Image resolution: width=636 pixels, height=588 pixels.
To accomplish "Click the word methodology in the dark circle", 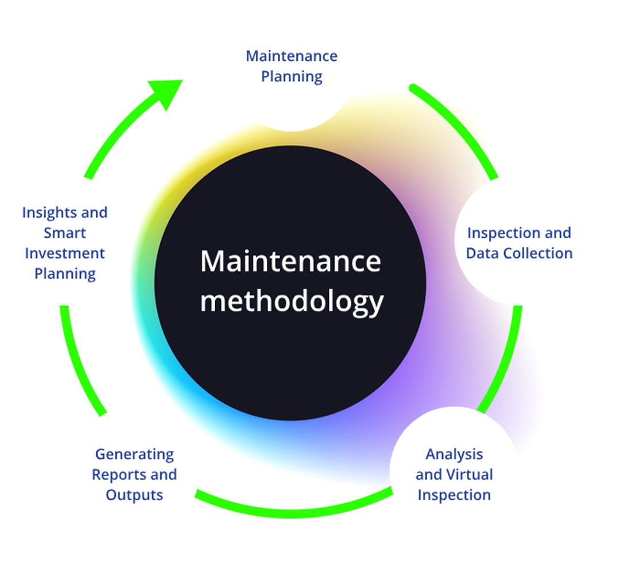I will coord(291,301).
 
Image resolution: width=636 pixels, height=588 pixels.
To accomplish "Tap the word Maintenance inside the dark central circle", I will coord(291,261).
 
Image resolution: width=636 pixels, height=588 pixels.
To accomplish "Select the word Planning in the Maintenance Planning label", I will coord(292,76).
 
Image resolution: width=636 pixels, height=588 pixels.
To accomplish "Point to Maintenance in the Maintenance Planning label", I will coord(292,56).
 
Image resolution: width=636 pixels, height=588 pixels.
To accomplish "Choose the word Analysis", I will coord(454,454).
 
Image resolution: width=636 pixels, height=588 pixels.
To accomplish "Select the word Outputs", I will coord(134,495).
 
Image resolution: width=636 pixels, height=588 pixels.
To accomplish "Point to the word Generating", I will coord(134,454).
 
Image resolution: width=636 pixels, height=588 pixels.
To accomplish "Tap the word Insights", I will coord(46,212).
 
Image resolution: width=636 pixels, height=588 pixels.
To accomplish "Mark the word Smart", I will coord(65,233).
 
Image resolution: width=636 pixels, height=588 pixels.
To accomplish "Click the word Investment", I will coord(65,253).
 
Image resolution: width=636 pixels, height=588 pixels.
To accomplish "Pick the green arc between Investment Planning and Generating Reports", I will coord(77,362).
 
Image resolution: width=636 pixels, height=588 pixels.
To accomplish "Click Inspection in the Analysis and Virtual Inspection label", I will coord(454,495).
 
